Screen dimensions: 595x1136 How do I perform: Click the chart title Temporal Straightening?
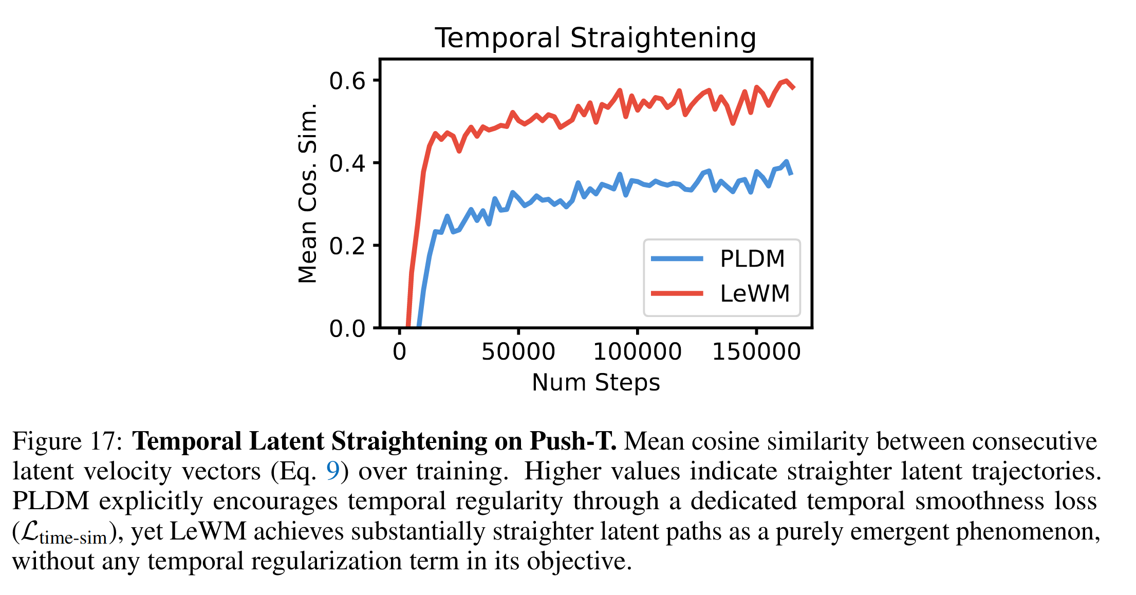tap(595, 38)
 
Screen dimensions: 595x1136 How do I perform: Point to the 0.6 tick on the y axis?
tap(347, 81)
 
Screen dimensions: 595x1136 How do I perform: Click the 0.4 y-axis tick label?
tap(347, 163)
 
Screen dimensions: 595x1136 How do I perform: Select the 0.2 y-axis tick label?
tap(347, 246)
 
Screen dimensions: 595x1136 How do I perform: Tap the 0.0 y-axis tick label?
tap(347, 328)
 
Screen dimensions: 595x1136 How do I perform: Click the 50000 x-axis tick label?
tap(518, 352)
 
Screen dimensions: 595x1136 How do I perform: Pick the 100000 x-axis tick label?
tap(637, 352)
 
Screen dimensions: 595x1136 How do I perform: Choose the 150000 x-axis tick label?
tap(756, 352)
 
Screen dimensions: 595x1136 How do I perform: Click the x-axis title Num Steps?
tap(595, 383)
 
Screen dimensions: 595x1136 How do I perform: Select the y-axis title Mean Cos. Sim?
tap(308, 193)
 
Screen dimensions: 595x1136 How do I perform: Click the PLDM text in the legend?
tap(752, 259)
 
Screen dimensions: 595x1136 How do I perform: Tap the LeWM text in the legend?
tap(755, 294)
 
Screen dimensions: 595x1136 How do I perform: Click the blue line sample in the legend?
tap(677, 258)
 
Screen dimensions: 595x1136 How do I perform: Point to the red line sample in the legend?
tap(677, 293)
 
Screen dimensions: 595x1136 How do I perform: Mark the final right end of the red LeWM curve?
tap(794, 88)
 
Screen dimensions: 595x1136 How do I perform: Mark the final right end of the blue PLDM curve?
tap(791, 174)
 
